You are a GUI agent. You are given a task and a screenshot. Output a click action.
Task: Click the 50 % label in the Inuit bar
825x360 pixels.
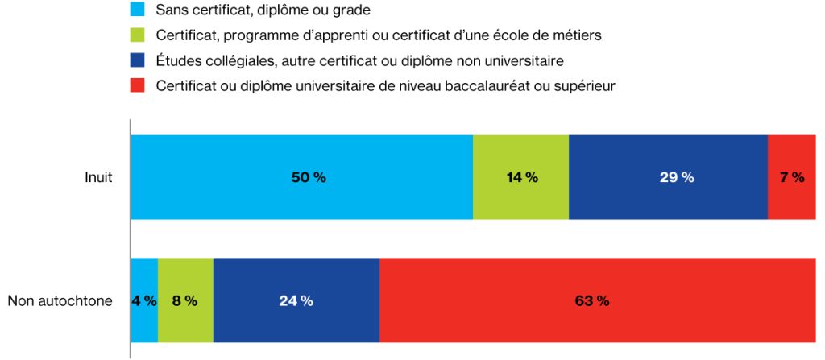pyautogui.click(x=309, y=178)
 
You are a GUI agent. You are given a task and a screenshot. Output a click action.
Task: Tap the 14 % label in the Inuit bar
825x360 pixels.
pyautogui.click(x=522, y=178)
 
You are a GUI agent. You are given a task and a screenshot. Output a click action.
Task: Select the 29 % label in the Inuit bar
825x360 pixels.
pyautogui.click(x=677, y=178)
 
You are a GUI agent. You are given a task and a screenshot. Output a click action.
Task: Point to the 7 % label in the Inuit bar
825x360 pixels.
pyautogui.click(x=792, y=178)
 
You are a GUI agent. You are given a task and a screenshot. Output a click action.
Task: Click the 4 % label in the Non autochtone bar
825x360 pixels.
pyautogui.click(x=144, y=301)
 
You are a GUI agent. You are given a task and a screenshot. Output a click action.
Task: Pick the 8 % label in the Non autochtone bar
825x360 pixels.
pyautogui.click(x=184, y=301)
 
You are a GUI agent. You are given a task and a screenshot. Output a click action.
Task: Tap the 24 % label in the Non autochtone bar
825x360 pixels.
pyautogui.click(x=296, y=301)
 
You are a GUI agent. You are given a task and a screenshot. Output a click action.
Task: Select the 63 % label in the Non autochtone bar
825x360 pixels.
pyautogui.click(x=592, y=301)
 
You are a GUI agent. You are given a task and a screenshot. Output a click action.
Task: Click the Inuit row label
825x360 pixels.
pyautogui.click(x=99, y=178)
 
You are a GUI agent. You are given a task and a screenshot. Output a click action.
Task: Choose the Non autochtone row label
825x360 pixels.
pyautogui.click(x=60, y=301)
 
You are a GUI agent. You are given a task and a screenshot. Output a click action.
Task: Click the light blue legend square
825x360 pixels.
pyautogui.click(x=137, y=10)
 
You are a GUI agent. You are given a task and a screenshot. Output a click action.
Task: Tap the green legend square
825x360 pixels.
pyautogui.click(x=137, y=35)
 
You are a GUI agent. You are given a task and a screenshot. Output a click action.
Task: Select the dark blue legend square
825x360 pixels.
pyautogui.click(x=137, y=60)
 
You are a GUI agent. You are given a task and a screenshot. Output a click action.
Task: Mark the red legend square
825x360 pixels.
pyautogui.click(x=137, y=85)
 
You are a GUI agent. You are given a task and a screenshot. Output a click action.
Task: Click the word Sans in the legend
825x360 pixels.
pyautogui.click(x=172, y=10)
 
